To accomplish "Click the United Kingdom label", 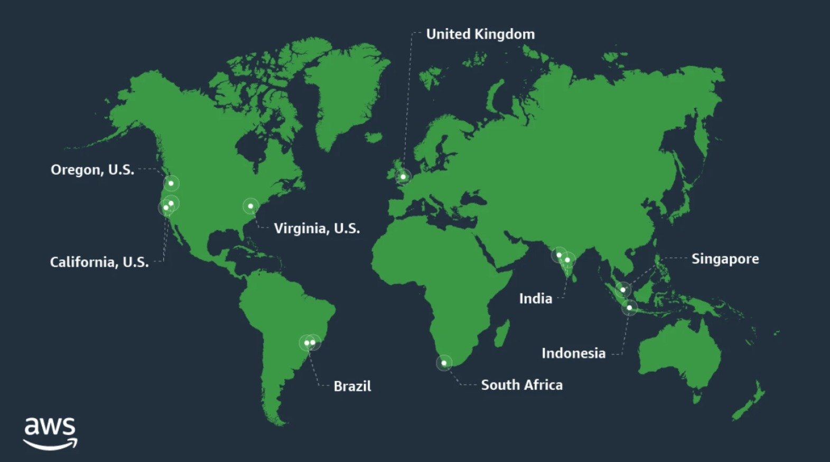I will click(480, 34).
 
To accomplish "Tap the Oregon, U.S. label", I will click(92, 170).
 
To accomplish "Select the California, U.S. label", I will click(99, 262).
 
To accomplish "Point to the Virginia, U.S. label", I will click(317, 229).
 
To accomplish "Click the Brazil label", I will click(352, 386).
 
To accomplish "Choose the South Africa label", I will click(521, 385).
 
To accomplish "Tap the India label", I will click(535, 299).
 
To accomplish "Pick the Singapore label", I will click(725, 259).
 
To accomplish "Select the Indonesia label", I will click(573, 353).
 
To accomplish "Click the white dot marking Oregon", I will click(171, 183).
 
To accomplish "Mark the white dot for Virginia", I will click(250, 206).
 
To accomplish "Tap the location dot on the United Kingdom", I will click(403, 176).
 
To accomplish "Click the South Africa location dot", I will click(444, 363).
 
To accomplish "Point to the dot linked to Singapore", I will click(623, 289).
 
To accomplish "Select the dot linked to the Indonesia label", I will click(629, 307).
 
